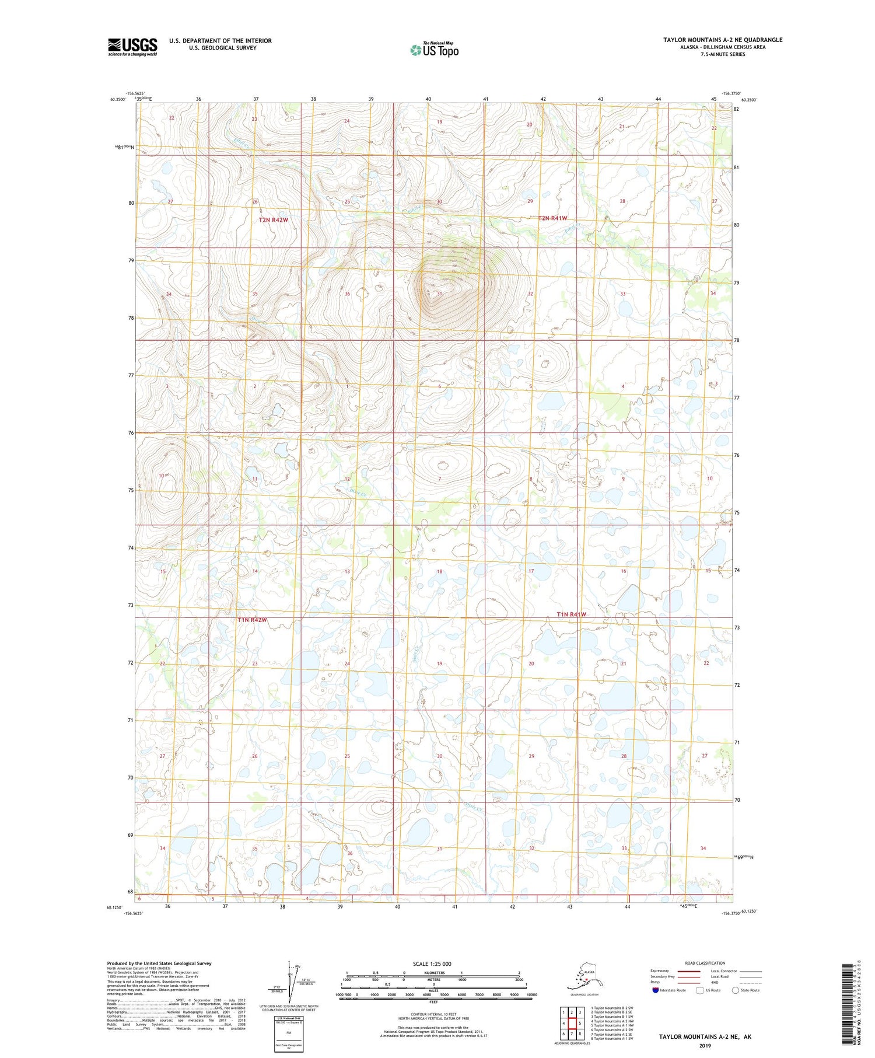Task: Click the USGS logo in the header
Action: [132, 47]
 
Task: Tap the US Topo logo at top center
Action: [434, 50]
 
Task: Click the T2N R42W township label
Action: [274, 220]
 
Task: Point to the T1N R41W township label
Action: [571, 614]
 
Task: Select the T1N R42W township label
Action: [252, 620]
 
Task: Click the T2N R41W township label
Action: [552, 218]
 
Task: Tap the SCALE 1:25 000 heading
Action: [432, 963]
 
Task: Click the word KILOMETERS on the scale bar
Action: [433, 973]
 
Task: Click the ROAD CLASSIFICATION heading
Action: [705, 963]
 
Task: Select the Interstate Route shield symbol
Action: [656, 990]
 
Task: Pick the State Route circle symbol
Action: [736, 990]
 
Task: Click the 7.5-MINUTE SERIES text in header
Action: [723, 54]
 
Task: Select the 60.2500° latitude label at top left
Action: [118, 99]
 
